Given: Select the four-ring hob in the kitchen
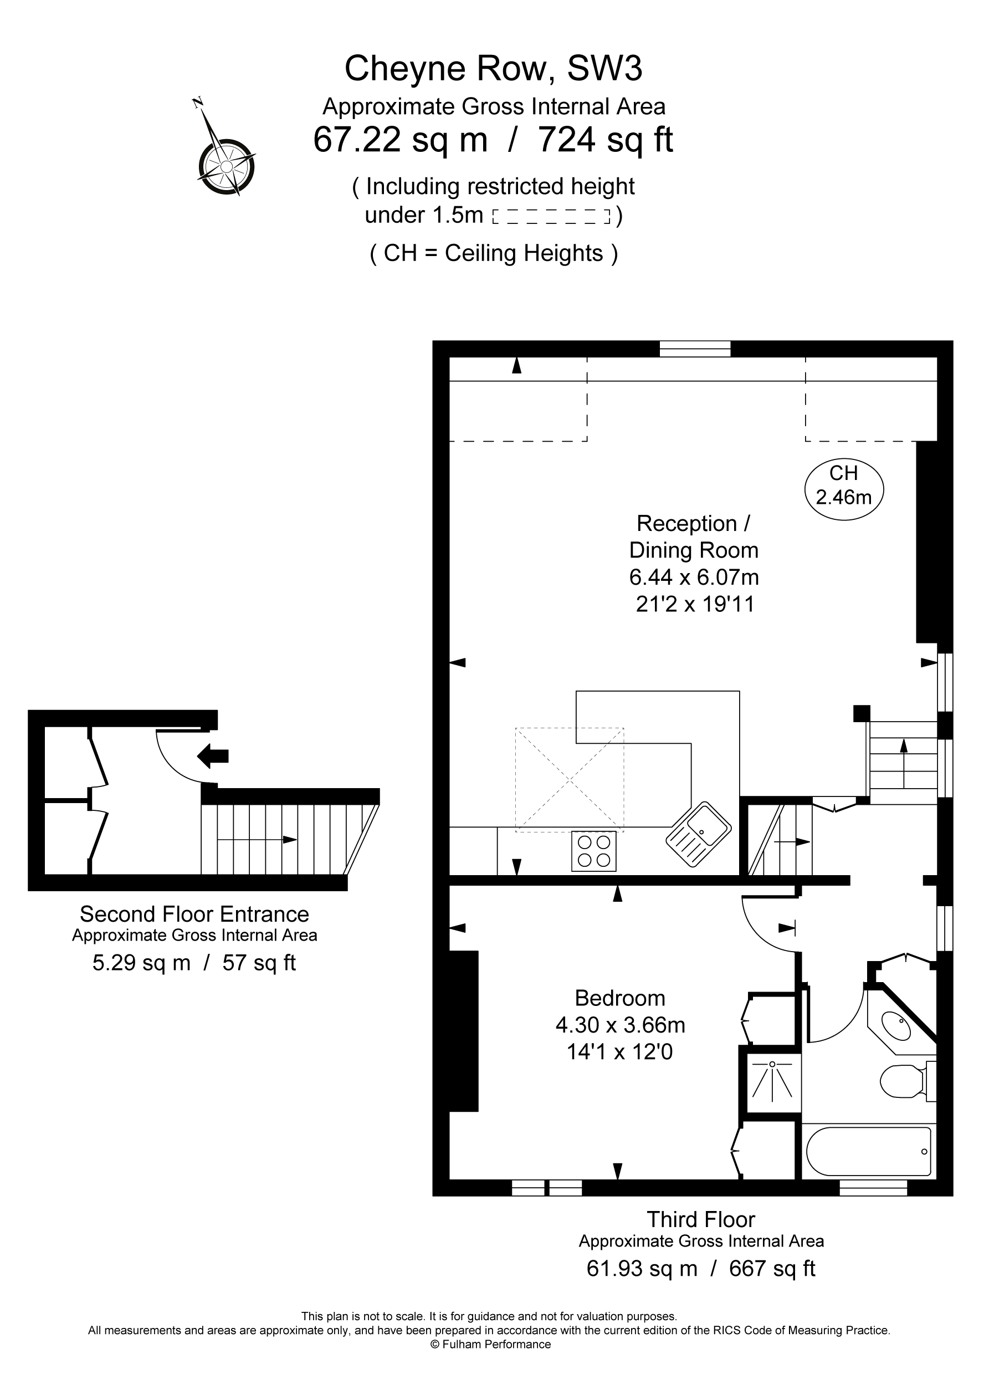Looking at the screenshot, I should click(x=593, y=851).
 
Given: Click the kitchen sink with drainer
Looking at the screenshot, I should click(x=699, y=835).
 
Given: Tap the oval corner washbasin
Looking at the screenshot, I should click(x=896, y=1026).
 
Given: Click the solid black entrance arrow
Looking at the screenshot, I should click(x=213, y=756).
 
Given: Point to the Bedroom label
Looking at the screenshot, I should click(x=619, y=998).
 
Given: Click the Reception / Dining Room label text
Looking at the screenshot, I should click(x=693, y=537).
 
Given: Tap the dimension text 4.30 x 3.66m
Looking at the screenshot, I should click(x=619, y=1025).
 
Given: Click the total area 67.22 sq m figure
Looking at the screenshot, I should click(x=400, y=140).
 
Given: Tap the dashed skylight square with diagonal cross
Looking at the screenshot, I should click(x=569, y=779).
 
